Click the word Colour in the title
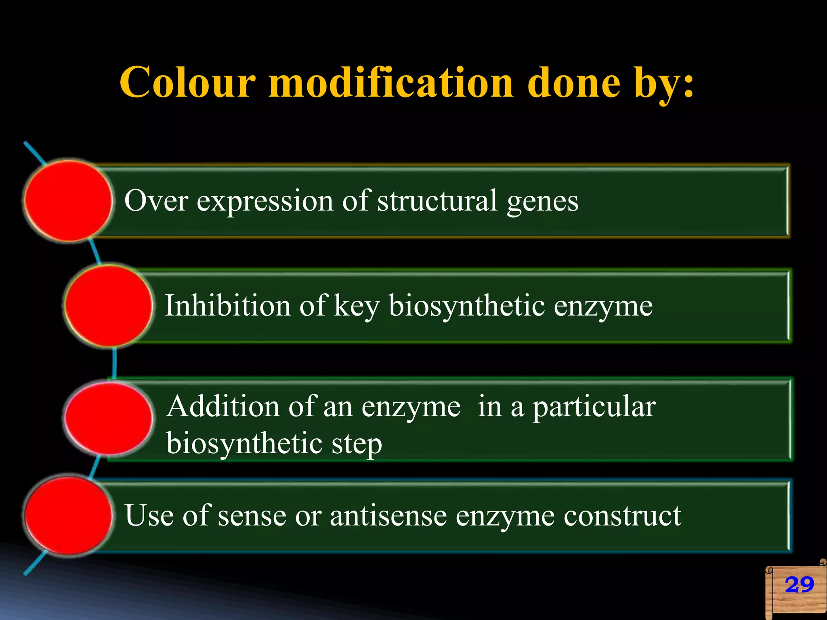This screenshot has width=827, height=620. coord(188,83)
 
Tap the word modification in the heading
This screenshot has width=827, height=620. coord(391,83)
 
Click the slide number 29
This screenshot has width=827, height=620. coord(799,585)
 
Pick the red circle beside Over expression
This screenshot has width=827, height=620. coord(68,201)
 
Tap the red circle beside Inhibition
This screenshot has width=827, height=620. coord(108,306)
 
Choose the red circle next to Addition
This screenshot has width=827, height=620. coord(108,418)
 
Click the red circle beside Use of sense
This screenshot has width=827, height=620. coord(68,515)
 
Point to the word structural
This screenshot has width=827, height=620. coord(437,200)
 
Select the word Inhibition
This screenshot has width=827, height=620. coord(228,305)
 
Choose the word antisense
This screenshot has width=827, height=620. coord(388,516)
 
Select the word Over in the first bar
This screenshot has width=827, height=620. coord(156,200)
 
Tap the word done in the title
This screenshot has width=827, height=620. coord(573,83)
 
